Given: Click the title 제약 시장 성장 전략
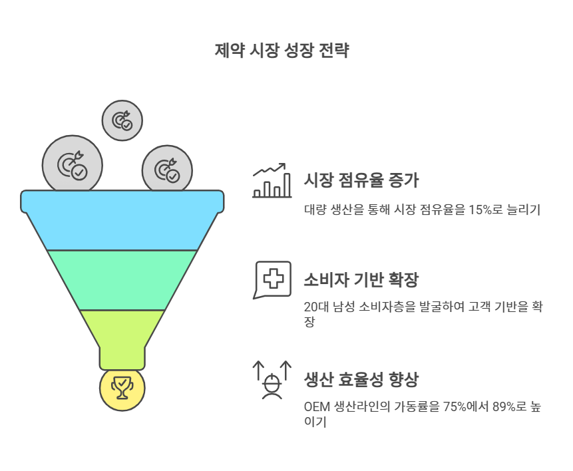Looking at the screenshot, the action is tap(282, 51).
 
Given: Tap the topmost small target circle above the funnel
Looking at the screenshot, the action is tap(122, 121).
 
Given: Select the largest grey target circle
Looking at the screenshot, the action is tap(72, 164).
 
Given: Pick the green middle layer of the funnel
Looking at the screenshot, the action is tap(122, 279).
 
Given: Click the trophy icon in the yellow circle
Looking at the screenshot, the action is tap(122, 388).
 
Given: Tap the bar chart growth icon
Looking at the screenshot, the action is tap(272, 180).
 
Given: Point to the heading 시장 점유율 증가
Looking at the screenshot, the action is tap(361, 180).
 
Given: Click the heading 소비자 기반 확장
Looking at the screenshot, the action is tap(361, 279).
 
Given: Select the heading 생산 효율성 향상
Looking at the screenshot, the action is tap(361, 379).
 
